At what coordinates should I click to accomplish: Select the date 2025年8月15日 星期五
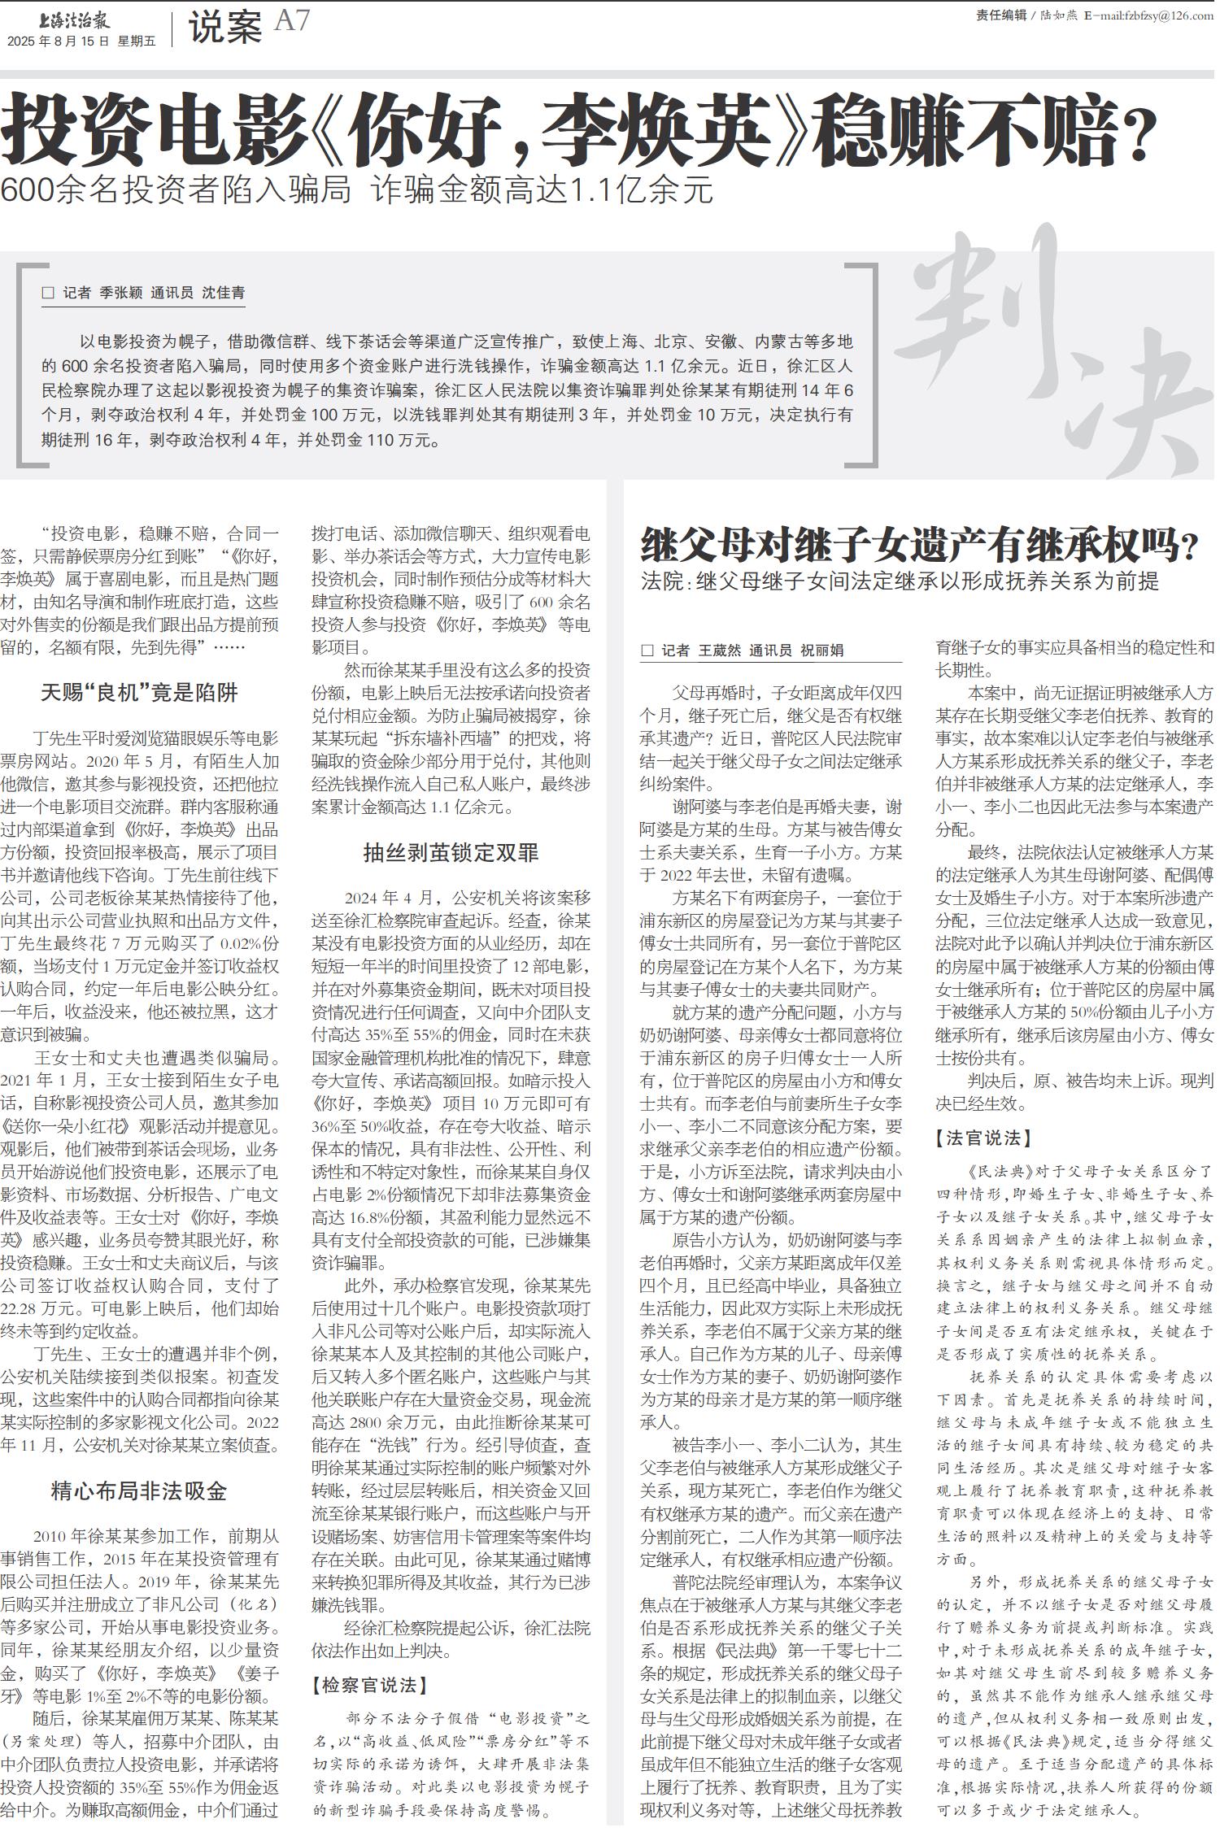pos(81,41)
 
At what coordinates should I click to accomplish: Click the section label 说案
pos(224,28)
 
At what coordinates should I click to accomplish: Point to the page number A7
pos(292,21)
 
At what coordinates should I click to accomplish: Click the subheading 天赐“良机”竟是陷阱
pos(139,693)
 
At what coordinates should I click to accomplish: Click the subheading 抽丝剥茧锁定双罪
pos(451,853)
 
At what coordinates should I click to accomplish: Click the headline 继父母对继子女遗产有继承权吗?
pos(919,546)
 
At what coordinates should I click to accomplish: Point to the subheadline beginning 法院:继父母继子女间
pos(900,581)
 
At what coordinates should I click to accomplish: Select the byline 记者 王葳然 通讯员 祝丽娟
pos(742,651)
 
